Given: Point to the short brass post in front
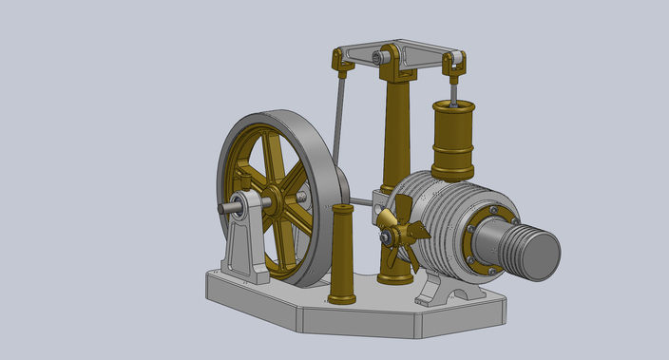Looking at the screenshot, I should click(342, 252).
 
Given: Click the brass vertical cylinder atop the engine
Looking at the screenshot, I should click(452, 141).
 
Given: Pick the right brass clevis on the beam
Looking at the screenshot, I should click(454, 64).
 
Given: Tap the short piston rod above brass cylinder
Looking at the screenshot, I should click(454, 91).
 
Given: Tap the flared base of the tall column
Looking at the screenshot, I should click(395, 275).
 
